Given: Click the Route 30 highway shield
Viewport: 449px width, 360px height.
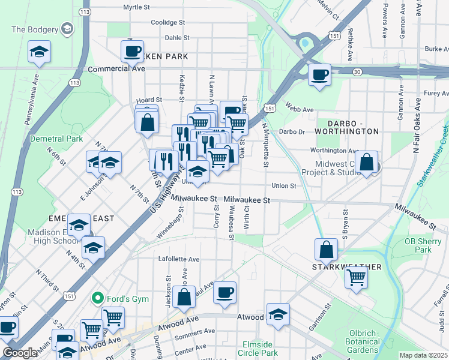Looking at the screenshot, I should click(x=357, y=71).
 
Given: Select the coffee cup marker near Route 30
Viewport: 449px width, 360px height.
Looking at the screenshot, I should click(x=319, y=75).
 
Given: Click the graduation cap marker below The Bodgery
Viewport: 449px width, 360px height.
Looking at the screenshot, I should click(x=40, y=52).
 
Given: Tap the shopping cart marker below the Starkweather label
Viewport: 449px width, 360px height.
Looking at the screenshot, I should click(x=357, y=278).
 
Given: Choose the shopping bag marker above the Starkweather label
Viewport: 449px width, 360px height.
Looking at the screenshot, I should click(x=326, y=250).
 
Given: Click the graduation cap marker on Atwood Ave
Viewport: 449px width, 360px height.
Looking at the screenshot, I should click(x=278, y=314).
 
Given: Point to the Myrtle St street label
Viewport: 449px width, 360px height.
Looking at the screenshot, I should click(x=136, y=7).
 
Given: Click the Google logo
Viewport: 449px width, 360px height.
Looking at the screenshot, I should click(x=19, y=353).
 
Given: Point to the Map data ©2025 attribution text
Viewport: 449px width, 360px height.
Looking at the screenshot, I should click(x=423, y=355).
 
